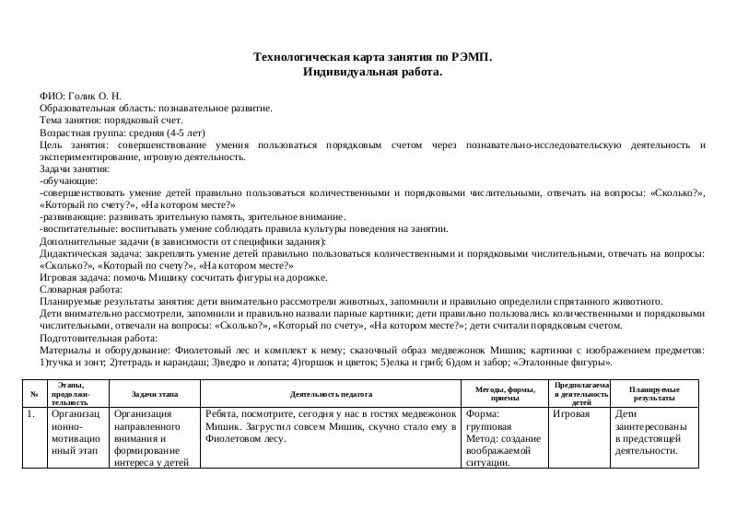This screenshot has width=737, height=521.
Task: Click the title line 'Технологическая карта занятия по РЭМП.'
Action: point(372,57)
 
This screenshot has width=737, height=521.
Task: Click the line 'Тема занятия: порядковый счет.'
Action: point(111,120)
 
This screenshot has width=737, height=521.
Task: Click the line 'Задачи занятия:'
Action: point(75,168)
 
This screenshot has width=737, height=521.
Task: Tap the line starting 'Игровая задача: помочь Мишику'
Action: point(183,277)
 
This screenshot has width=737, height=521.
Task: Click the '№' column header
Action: point(34,394)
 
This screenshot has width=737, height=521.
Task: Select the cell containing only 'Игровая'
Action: point(571,414)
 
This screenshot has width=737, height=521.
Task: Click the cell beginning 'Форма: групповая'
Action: point(503,438)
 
